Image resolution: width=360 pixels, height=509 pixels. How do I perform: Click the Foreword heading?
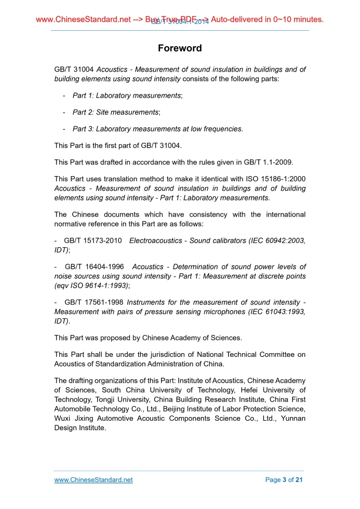[180, 48]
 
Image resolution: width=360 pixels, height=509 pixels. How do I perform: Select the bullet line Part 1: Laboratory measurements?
[127, 96]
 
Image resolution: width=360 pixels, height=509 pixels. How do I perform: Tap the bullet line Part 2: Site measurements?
[116, 112]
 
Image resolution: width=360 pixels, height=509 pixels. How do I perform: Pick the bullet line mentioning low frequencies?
[157, 129]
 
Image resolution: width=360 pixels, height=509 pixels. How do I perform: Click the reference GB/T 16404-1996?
[94, 267]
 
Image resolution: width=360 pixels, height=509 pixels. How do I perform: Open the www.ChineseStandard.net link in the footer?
[94, 480]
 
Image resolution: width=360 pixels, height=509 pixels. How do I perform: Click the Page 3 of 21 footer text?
[284, 480]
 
